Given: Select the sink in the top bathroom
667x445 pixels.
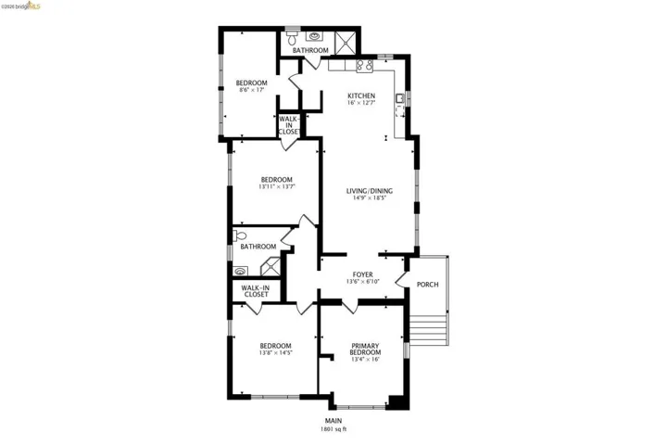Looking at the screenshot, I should [x=317, y=38].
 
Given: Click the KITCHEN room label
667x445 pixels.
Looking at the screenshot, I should [x=360, y=96].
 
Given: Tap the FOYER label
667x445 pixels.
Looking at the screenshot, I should [x=362, y=274].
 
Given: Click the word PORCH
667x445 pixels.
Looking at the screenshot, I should [x=427, y=285].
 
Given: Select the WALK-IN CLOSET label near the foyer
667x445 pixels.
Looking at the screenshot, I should [x=255, y=291].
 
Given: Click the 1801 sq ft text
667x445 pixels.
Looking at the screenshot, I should [x=333, y=429].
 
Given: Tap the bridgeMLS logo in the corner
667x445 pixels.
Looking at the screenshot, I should [x=21, y=6].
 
